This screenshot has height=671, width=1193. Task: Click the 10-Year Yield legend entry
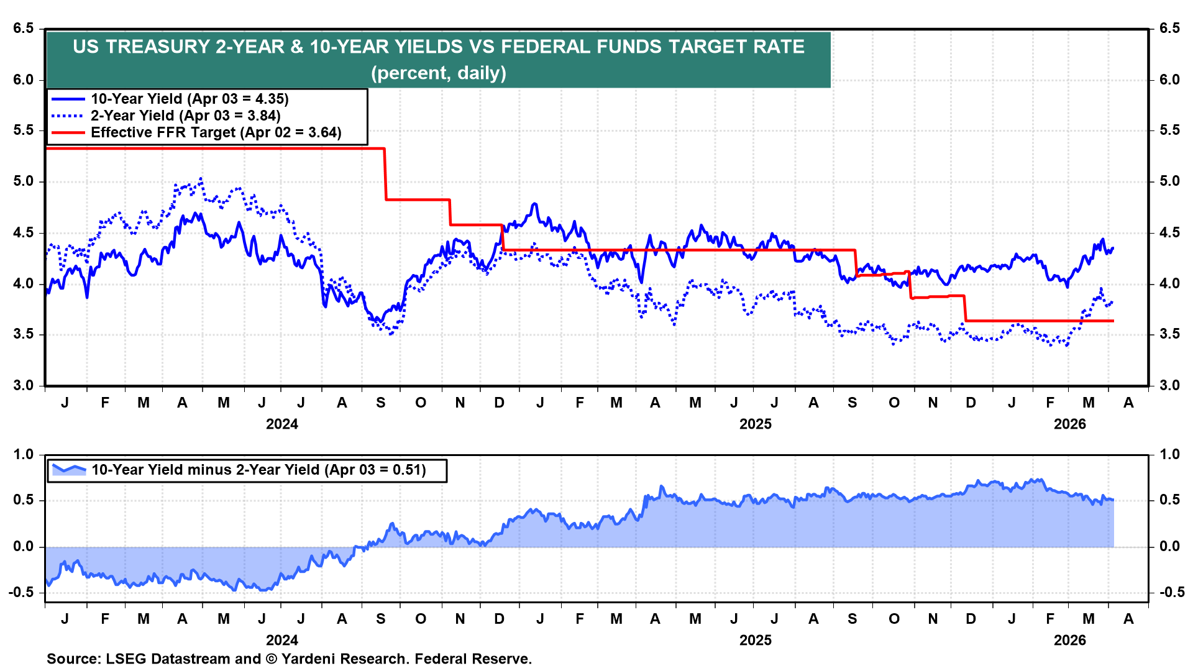(x=190, y=99)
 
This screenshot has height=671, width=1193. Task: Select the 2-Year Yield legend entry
(x=185, y=116)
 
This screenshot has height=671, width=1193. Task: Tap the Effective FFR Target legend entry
(x=216, y=132)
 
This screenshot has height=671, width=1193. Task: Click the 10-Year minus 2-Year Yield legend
(x=258, y=470)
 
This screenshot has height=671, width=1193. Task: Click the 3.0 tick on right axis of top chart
(x=1169, y=386)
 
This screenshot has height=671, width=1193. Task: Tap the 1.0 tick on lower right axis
(x=1169, y=455)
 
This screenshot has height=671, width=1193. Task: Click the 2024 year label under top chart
(x=281, y=424)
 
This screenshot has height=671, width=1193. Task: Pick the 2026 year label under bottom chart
(x=1069, y=641)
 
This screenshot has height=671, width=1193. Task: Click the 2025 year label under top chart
(x=755, y=424)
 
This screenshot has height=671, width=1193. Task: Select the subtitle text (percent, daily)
(x=439, y=73)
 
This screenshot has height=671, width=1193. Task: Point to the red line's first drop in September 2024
(x=385, y=174)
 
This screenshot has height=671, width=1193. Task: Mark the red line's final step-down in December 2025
(x=965, y=309)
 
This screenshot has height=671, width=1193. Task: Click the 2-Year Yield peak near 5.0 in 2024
(x=200, y=179)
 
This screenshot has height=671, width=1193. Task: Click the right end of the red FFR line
(x=1113, y=321)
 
